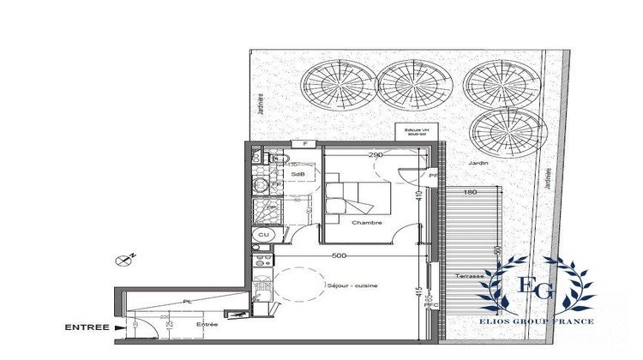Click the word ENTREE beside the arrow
point(86,327)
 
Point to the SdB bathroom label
point(298,175)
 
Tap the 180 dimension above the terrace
point(469,193)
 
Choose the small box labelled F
point(303,144)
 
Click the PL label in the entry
point(186,302)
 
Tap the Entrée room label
point(207,325)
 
